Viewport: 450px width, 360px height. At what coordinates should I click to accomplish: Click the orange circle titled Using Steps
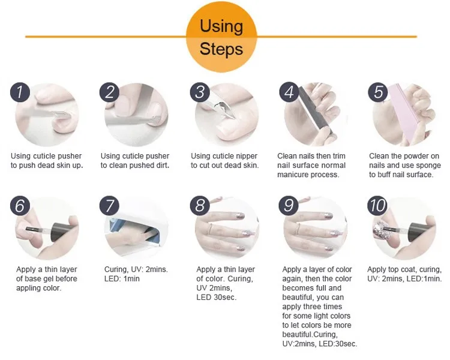point(221,37)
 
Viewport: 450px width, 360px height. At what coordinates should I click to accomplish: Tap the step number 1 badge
point(20,92)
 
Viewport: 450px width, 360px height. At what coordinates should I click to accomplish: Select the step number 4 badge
point(289,92)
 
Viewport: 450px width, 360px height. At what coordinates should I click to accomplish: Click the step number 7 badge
point(109,206)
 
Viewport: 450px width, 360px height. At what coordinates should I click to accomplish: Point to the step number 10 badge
point(377,206)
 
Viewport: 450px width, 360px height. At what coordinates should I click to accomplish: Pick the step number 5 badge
point(378,92)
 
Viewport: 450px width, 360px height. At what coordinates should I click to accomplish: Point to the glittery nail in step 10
point(381,230)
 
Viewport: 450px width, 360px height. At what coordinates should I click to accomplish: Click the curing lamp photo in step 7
point(136,228)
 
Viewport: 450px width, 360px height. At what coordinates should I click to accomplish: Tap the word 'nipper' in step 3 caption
point(245,156)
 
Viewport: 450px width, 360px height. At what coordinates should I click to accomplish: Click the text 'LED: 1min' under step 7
point(122,278)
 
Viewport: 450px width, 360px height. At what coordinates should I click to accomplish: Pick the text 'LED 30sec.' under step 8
point(217,297)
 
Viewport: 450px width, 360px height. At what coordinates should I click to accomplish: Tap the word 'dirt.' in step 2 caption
point(162,166)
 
